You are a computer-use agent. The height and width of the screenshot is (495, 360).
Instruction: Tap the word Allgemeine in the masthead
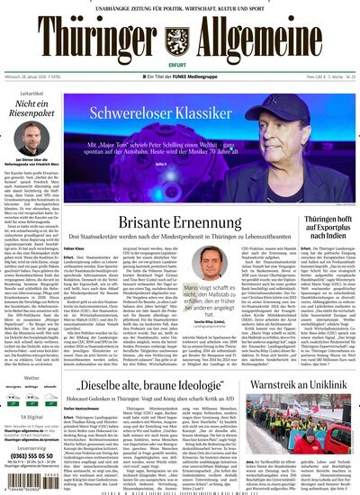click(x=272, y=40)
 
